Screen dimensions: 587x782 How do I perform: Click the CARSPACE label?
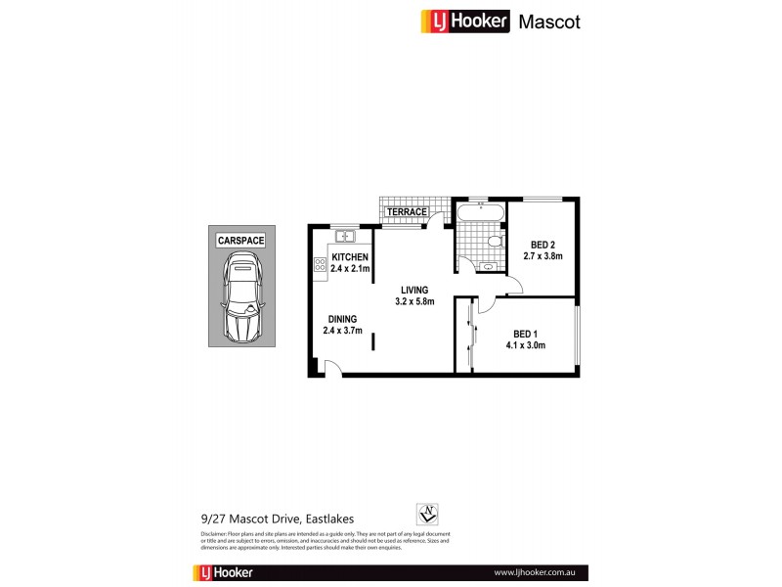241,239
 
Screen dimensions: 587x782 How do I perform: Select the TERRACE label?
407,211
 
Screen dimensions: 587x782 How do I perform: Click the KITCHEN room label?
349,257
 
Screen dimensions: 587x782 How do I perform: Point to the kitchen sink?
344,236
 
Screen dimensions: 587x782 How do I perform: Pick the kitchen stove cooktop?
320,264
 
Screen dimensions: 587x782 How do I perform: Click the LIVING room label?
413,289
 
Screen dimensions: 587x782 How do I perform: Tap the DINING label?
342,319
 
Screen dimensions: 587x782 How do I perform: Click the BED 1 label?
525,333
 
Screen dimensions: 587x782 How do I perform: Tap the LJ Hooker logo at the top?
465,22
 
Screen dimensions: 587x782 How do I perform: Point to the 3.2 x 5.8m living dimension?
413,300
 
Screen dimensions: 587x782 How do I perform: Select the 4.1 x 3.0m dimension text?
525,344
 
